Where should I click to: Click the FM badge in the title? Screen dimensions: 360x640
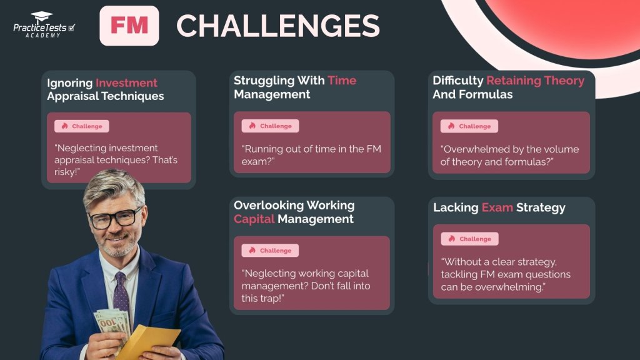(x=129, y=26)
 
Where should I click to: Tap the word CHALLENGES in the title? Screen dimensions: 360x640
(x=278, y=26)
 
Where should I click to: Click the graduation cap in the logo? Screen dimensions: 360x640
(x=41, y=17)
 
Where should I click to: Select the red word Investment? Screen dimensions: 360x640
(x=126, y=83)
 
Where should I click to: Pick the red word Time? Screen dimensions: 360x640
(x=342, y=81)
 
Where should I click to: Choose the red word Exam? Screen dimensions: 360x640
(x=497, y=207)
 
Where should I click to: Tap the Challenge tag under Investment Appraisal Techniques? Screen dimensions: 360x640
(x=82, y=126)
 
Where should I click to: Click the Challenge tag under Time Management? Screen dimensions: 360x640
(x=271, y=126)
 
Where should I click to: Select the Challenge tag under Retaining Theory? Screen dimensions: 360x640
(x=469, y=126)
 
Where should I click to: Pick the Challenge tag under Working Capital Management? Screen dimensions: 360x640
(x=271, y=251)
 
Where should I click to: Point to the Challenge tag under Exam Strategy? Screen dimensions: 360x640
(x=469, y=239)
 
